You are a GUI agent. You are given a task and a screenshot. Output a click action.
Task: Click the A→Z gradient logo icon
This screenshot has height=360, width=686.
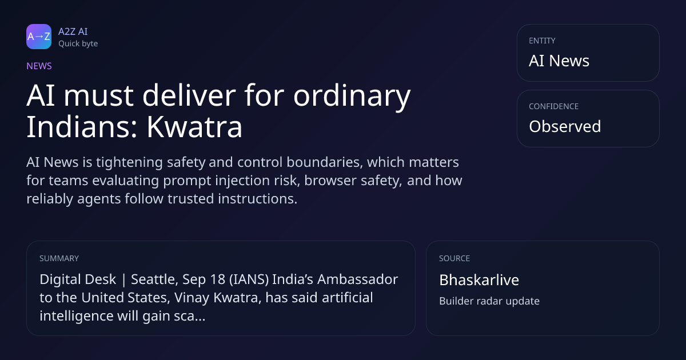click(x=39, y=37)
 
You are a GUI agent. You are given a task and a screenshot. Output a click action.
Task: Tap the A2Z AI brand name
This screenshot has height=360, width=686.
click(x=73, y=31)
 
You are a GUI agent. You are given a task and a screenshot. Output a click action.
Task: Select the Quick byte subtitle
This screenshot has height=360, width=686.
click(x=78, y=44)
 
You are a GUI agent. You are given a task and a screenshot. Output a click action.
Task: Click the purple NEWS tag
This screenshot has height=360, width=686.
click(x=39, y=66)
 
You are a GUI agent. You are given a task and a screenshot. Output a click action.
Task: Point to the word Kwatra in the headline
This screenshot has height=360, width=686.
click(x=194, y=127)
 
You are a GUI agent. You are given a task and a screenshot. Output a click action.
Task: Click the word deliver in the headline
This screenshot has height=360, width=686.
click(x=189, y=95)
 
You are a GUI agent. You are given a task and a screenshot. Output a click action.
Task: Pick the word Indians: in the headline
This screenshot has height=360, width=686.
click(x=82, y=127)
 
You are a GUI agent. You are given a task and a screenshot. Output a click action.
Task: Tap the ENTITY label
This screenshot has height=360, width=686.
click(x=542, y=41)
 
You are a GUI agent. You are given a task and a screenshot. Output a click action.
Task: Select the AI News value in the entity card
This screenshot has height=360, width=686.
click(x=559, y=61)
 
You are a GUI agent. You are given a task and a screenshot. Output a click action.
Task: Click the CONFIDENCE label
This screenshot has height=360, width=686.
click(x=554, y=106)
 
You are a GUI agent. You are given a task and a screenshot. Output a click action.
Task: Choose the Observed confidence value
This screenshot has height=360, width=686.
click(x=565, y=126)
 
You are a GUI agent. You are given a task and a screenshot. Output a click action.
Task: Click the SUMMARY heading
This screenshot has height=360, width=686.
click(x=59, y=258)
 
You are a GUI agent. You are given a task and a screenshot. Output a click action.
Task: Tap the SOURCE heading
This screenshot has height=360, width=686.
click(x=454, y=258)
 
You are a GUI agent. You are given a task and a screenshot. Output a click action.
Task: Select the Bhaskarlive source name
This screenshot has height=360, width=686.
click(x=479, y=280)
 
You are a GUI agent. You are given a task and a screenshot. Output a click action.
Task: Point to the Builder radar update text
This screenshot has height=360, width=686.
click(x=489, y=301)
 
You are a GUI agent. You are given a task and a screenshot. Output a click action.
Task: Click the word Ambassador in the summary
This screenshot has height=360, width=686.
click(x=357, y=279)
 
